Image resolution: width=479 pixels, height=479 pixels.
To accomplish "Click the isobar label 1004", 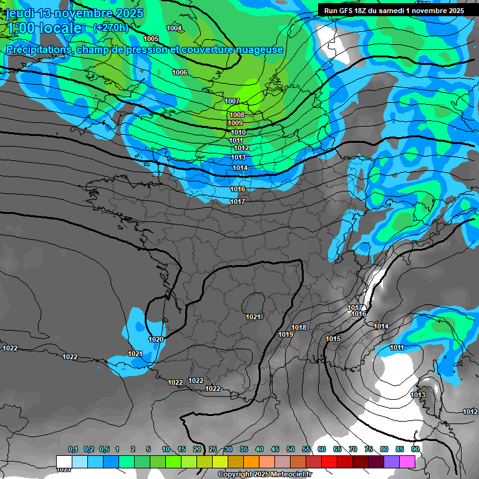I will click(x=174, y=28).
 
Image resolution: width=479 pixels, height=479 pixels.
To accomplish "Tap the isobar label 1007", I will click(x=232, y=101).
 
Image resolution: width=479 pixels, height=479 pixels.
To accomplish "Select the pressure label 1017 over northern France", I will click(x=237, y=201).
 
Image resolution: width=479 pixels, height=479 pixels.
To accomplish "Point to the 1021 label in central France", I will click(x=253, y=317).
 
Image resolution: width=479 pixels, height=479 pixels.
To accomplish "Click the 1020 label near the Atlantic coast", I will click(x=156, y=339).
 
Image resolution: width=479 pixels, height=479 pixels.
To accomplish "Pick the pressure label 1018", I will click(x=299, y=327).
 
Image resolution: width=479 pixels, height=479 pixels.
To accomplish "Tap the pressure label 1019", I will click(x=286, y=334).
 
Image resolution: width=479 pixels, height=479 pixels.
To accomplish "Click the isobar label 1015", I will click(x=333, y=339).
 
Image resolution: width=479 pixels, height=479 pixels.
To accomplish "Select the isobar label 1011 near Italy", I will click(x=397, y=347).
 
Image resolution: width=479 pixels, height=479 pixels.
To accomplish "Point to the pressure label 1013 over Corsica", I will click(x=418, y=395).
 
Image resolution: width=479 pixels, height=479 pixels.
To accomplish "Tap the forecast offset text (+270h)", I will click(x=110, y=27).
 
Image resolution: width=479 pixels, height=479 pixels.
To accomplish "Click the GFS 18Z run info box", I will click(x=394, y=11).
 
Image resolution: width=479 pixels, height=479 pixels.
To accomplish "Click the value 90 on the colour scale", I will click(x=415, y=449).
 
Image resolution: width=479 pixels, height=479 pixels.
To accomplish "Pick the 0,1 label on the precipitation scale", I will click(x=72, y=449).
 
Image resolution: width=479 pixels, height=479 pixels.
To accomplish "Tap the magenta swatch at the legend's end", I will click(x=407, y=461).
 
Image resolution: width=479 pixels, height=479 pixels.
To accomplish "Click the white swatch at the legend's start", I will click(x=64, y=461).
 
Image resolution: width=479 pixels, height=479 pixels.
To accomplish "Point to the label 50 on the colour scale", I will click(x=291, y=449).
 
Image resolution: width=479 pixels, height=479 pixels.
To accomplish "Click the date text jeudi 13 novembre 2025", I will click(x=75, y=13).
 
